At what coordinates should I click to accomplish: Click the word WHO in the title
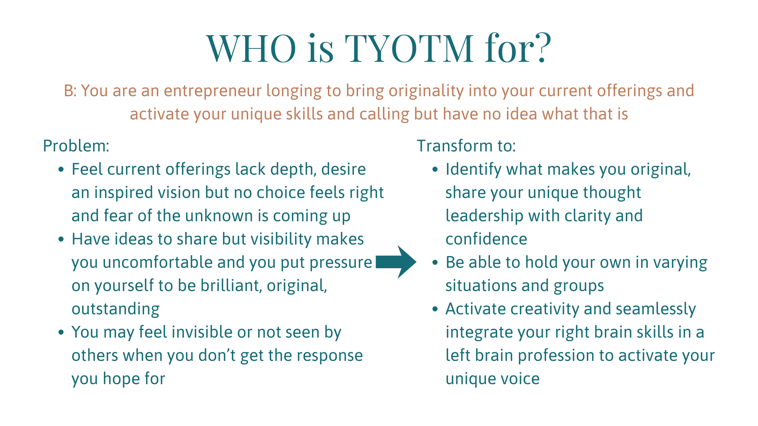coord(251,48)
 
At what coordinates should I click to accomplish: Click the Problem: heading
coord(76,146)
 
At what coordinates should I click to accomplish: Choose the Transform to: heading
coord(466,146)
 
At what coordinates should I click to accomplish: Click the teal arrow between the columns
coord(396,262)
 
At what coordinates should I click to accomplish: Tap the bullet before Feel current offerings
coord(61,170)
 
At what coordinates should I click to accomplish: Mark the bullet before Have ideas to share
coord(61,239)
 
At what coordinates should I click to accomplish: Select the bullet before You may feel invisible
coord(61,333)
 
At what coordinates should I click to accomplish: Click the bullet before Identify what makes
coord(435,170)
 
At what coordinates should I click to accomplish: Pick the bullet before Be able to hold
coord(435,263)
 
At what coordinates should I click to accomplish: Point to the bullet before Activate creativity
coord(435,309)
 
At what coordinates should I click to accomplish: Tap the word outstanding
coord(116,309)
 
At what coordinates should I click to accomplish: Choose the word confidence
coord(486,239)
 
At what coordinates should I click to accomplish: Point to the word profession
coord(556,356)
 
